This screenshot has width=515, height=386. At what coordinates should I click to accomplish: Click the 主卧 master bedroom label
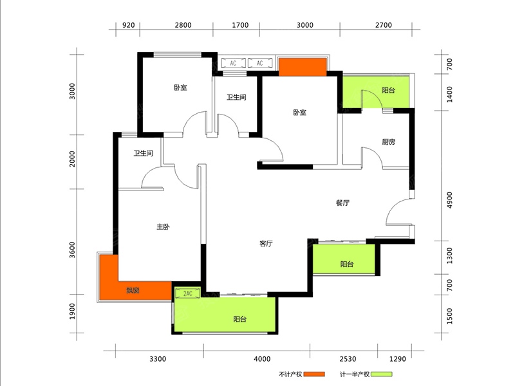pyautogui.click(x=163, y=227)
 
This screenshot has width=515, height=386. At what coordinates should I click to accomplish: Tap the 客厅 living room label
pyautogui.click(x=266, y=244)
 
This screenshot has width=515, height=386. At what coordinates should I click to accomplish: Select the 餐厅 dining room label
pyautogui.click(x=342, y=203)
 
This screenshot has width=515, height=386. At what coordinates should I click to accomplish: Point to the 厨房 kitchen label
pyautogui.click(x=389, y=142)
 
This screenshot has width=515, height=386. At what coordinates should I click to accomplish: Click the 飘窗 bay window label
pyautogui.click(x=133, y=290)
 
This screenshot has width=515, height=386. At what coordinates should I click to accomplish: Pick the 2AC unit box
pyautogui.click(x=187, y=293)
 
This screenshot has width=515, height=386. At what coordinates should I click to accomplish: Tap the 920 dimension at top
pyautogui.click(x=128, y=25)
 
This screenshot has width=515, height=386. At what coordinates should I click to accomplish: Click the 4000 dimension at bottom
pyautogui.click(x=262, y=359)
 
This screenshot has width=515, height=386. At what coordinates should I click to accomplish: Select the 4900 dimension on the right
pyautogui.click(x=449, y=200)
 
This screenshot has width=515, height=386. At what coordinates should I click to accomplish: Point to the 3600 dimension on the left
pyautogui.click(x=72, y=250)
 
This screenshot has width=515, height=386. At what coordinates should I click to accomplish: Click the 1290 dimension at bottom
pyautogui.click(x=398, y=359)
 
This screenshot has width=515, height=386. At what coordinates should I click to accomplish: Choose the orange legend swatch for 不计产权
pyautogui.click(x=314, y=374)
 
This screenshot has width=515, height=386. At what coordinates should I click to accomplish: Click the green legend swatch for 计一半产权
pyautogui.click(x=381, y=374)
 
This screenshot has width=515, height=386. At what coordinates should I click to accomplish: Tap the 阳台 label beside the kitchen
pyautogui.click(x=389, y=90)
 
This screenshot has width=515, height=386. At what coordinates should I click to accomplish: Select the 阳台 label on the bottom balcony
pyautogui.click(x=239, y=319)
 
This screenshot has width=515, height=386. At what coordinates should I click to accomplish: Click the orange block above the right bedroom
pyautogui.click(x=303, y=67)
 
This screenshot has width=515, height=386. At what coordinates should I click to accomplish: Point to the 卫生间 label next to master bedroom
pyautogui.click(x=143, y=153)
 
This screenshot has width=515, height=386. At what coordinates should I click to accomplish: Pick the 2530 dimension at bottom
pyautogui.click(x=348, y=359)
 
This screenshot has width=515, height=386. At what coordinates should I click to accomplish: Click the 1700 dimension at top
pyautogui.click(x=240, y=25)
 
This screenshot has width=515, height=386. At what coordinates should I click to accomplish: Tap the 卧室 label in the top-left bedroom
pyautogui.click(x=180, y=87)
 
